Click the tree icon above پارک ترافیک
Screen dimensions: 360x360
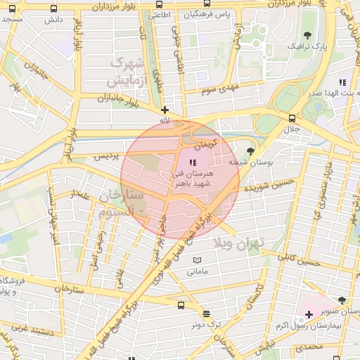pyautogui.click(x=307, y=34)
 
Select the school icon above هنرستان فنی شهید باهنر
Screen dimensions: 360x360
pyautogui.click(x=193, y=162)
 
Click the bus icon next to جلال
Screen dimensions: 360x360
pyautogui.click(x=292, y=118)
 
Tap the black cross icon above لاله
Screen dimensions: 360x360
pyautogui.click(x=165, y=110)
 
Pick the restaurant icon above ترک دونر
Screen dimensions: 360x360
pyautogui.click(x=205, y=314)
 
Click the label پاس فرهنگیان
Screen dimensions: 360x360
pyautogui.click(x=214, y=14)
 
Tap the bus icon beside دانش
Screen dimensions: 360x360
pyautogui.click(x=54, y=9)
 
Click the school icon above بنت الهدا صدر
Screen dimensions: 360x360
pyautogui.click(x=342, y=82)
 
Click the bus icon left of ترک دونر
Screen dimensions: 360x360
pyautogui.click(x=181, y=306)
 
